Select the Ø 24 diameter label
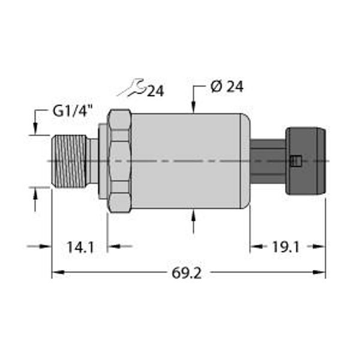(227, 87)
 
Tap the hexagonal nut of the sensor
(119, 161)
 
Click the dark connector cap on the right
(306, 161)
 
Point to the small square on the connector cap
(294, 160)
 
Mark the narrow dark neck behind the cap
(268, 161)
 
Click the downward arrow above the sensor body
(193, 107)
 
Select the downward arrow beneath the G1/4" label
(35, 129)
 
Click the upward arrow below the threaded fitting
(35, 194)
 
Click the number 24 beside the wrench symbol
(155, 91)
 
